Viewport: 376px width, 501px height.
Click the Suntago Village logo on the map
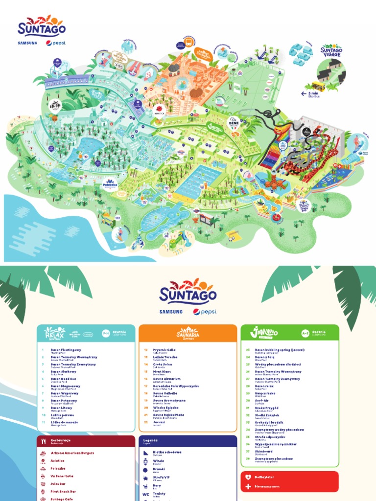click(331, 50)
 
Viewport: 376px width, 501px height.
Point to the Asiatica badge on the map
click(159, 110)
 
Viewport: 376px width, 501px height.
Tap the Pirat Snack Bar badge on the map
click(305, 205)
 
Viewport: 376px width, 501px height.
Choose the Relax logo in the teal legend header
click(54, 333)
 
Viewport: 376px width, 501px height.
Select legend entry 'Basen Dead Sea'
click(64, 379)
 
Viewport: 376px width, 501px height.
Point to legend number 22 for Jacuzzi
click(145, 422)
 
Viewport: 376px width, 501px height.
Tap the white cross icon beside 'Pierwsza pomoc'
click(248, 487)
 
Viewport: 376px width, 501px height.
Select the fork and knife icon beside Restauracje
click(44, 441)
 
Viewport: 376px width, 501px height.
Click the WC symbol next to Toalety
click(145, 495)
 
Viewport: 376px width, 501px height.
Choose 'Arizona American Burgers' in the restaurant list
click(72, 453)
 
